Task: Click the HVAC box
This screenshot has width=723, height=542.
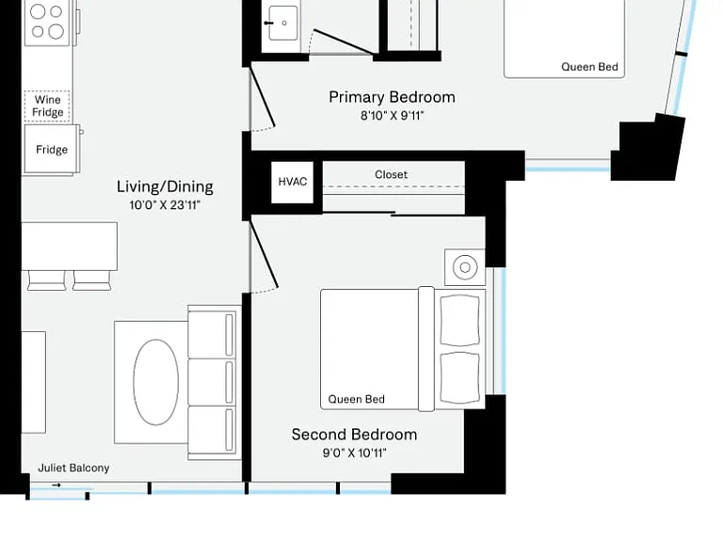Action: tap(293, 182)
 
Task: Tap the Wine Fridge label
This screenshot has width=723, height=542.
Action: tap(47, 106)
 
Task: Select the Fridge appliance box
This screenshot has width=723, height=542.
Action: tap(52, 149)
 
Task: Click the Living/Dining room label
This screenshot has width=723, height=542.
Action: tap(165, 186)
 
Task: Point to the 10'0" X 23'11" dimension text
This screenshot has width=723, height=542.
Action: tap(165, 205)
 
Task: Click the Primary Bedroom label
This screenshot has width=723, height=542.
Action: tap(392, 97)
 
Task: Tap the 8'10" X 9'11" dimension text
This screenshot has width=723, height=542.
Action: tap(392, 115)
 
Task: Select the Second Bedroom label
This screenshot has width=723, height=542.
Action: tap(354, 434)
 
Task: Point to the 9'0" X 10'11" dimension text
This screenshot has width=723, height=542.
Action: tap(354, 453)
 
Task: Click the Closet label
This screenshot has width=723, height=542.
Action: tap(391, 175)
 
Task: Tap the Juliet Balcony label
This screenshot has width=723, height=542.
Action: tap(73, 468)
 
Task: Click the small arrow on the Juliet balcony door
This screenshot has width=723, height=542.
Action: tap(56, 485)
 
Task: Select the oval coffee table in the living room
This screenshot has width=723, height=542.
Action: tap(156, 382)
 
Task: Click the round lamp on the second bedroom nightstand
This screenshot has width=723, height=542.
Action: tap(465, 267)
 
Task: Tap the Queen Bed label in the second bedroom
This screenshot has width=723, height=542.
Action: tap(357, 399)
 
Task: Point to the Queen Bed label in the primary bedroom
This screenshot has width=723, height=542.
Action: tap(589, 67)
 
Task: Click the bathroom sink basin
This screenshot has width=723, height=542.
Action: tap(283, 23)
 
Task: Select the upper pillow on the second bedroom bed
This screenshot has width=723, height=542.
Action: tap(459, 320)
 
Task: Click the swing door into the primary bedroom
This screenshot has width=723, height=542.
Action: tap(263, 97)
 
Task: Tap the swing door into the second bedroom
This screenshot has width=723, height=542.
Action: tap(264, 253)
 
